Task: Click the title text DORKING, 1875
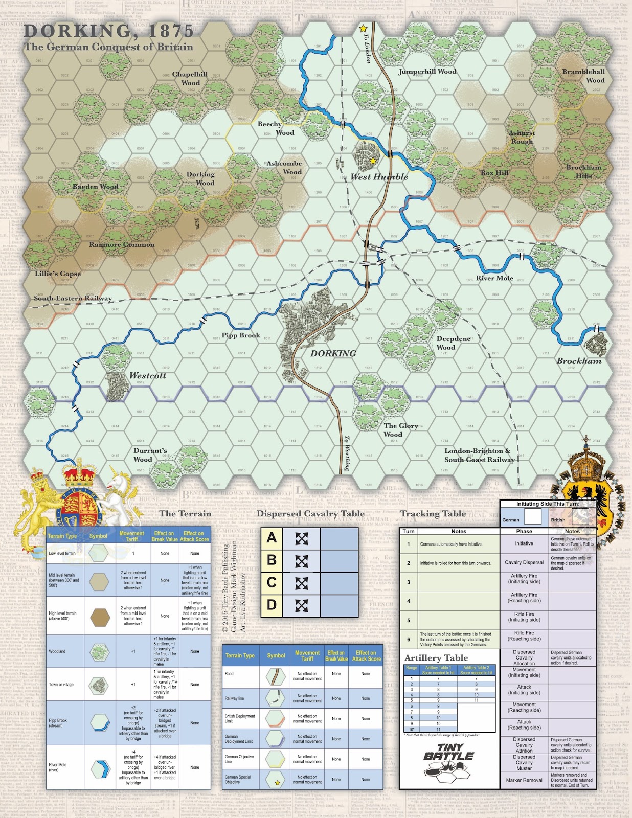tap(108, 31)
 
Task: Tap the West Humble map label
tap(379, 177)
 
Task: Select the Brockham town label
tap(579, 361)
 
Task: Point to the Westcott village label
tap(147, 375)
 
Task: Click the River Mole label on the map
tap(494, 278)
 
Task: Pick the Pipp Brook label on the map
tap(241, 335)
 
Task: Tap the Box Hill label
tap(494, 173)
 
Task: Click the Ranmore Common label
tap(122, 244)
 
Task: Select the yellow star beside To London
tap(363, 29)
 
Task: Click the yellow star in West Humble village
tap(373, 161)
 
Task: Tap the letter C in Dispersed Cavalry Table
tap(272, 583)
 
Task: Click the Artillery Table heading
tap(436, 658)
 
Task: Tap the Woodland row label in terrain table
tap(57, 652)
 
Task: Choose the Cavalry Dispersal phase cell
tap(524, 562)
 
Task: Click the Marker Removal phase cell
tap(524, 780)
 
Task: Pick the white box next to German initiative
tap(533, 517)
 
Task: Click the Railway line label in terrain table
tap(234, 698)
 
